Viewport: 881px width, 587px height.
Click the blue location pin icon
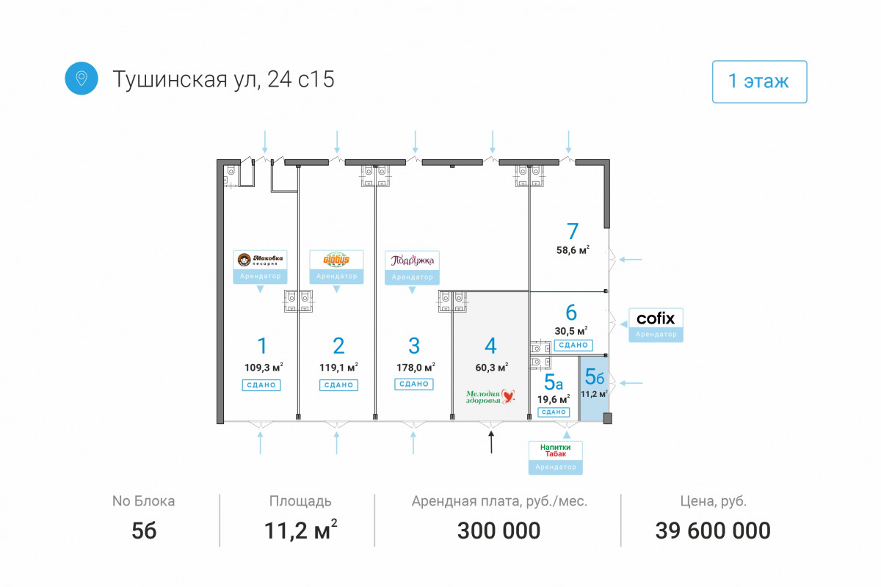(x=81, y=79)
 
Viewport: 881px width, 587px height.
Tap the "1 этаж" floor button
(x=759, y=81)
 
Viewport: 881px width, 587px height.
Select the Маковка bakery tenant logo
(x=260, y=260)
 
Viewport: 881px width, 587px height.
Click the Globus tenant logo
(x=336, y=260)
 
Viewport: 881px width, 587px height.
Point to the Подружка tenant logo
(x=412, y=260)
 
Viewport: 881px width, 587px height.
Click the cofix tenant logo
(x=656, y=318)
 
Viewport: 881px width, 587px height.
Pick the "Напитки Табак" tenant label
(x=555, y=451)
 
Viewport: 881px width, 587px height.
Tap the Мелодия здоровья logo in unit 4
(x=490, y=397)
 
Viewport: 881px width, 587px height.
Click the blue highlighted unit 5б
(x=594, y=388)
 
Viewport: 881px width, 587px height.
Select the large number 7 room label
(x=573, y=231)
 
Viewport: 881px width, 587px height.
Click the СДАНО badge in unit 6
(x=573, y=345)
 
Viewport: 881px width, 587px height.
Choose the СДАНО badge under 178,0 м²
(x=414, y=384)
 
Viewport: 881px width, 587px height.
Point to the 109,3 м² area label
(x=264, y=368)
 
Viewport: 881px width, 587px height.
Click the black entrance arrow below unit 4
(x=491, y=442)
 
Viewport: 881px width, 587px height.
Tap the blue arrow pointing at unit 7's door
(x=631, y=260)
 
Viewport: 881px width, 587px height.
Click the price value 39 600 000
(x=713, y=531)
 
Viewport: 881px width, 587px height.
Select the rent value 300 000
(x=498, y=531)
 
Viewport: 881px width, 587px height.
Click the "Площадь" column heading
(x=300, y=501)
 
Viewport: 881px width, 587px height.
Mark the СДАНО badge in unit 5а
(x=554, y=412)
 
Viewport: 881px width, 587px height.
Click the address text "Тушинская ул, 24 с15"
(x=223, y=79)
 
